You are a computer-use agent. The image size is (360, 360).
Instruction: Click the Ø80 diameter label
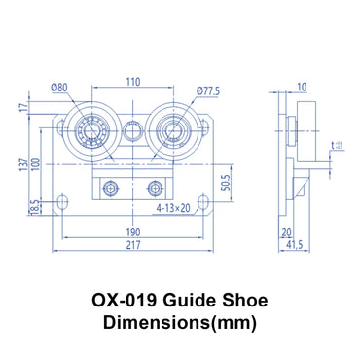[x=62, y=89]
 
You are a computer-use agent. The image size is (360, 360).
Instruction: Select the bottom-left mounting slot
[x=63, y=202]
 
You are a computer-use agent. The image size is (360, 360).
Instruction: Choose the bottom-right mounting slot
[x=204, y=202]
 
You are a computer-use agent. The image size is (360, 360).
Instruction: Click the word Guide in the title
[x=187, y=302]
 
